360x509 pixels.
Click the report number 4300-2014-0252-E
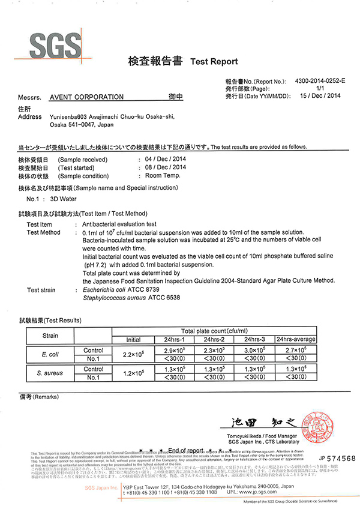coord(320,80)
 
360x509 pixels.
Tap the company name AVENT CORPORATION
coord(86,97)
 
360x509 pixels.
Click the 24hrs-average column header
coord(295,340)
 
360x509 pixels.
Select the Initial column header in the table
coord(133,340)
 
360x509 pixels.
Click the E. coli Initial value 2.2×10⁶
coord(133,354)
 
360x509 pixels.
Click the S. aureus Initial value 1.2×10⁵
coord(133,373)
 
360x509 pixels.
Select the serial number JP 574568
coord(337,459)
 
